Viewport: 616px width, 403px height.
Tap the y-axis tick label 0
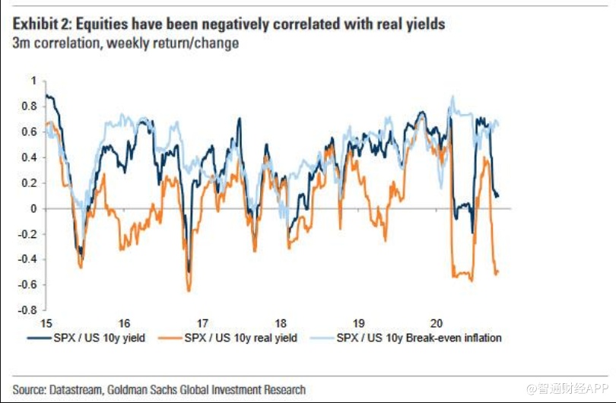[x=33, y=208]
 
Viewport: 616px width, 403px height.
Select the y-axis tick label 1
[x=33, y=81]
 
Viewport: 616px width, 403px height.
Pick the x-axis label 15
[x=46, y=322]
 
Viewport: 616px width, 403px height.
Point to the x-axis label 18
[x=281, y=322]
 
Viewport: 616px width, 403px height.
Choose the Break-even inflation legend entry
[x=418, y=337]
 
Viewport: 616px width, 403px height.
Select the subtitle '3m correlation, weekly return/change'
[x=125, y=43]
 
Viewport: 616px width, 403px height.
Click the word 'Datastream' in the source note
[x=84, y=389]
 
